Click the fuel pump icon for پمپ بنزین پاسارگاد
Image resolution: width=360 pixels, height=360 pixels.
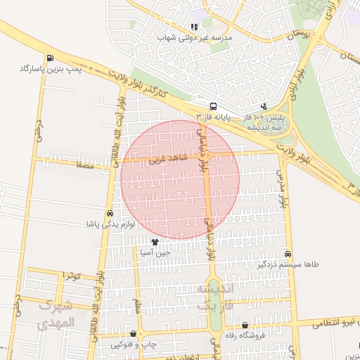(x=49, y=58)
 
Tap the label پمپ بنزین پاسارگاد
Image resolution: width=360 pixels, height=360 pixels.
(x=49, y=70)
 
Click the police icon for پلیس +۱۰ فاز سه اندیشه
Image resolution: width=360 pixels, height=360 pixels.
(x=264, y=106)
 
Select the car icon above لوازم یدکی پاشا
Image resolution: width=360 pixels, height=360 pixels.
(x=110, y=213)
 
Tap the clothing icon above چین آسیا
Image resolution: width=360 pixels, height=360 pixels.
(x=155, y=242)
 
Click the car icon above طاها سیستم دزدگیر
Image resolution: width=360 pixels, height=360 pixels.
(x=288, y=253)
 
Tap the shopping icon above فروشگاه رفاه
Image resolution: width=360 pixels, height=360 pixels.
(x=245, y=326)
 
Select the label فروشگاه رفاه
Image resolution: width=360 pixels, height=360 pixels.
(x=245, y=336)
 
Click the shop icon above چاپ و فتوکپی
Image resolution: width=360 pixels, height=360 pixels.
(x=133, y=333)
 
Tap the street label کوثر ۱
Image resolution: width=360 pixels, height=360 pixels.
(x=71, y=275)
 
